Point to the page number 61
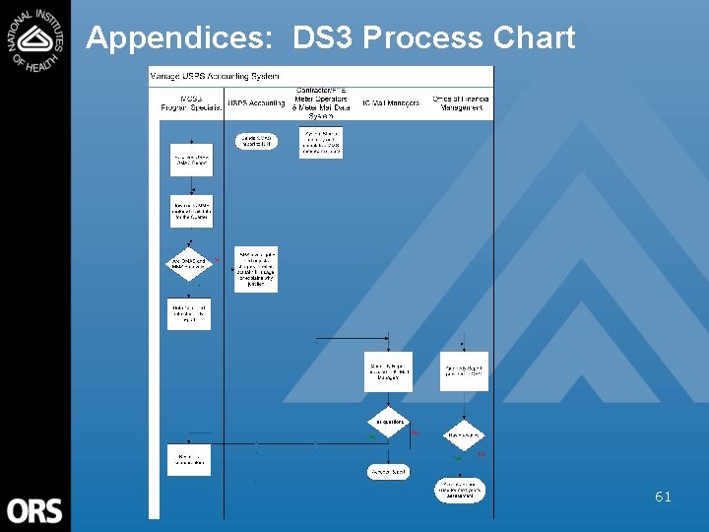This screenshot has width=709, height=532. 663,498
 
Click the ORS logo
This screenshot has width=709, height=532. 34,510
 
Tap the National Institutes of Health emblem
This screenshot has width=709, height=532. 35,38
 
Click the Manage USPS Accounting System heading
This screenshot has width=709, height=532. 214,76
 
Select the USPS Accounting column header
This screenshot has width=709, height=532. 256,102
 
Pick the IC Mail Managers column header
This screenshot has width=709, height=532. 390,102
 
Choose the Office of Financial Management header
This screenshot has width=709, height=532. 462,102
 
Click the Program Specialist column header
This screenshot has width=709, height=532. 189,102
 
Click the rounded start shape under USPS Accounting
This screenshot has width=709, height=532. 256,141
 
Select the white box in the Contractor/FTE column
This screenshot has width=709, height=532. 321,142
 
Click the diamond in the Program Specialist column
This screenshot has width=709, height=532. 189,264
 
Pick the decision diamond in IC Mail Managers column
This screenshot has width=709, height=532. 389,424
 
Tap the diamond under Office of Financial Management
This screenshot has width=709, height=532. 462,434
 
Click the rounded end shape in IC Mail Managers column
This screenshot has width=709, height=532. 388,472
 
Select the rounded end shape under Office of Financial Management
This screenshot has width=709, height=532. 461,491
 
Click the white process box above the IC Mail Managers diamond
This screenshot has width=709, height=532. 388,371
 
